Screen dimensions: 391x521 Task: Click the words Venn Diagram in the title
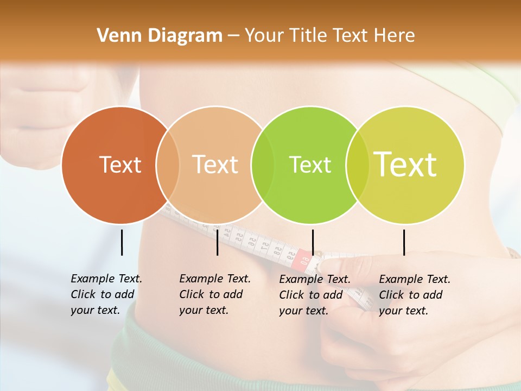click(x=160, y=36)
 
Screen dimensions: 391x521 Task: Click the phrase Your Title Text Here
click(x=329, y=36)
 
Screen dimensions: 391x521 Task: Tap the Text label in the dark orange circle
click(x=120, y=165)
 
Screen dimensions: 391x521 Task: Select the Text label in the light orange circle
click(x=215, y=165)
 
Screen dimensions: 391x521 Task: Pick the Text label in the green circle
click(x=310, y=165)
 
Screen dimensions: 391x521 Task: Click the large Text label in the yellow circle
click(x=405, y=164)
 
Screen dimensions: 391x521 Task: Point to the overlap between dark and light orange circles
click(x=168, y=165)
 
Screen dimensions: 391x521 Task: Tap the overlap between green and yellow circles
click(x=357, y=165)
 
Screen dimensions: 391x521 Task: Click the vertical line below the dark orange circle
click(x=122, y=242)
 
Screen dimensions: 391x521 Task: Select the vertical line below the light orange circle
click(x=217, y=242)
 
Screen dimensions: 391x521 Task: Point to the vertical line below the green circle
click(x=313, y=242)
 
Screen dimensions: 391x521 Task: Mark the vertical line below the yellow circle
click(x=404, y=242)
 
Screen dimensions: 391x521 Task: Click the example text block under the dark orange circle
click(x=106, y=294)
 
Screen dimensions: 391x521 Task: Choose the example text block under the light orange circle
click(x=214, y=294)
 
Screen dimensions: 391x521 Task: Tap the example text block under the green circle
click(x=314, y=295)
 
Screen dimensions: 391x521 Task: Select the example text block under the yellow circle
click(x=414, y=295)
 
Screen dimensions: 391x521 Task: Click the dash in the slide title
click(x=233, y=36)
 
